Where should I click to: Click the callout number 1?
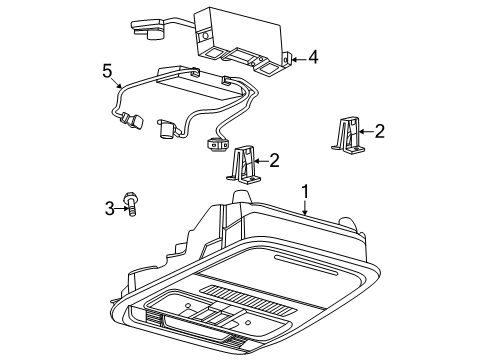click(305, 192)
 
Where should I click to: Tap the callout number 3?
click(110, 209)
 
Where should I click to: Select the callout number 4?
click(313, 57)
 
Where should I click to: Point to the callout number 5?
click(107, 71)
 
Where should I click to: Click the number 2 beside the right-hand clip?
click(380, 131)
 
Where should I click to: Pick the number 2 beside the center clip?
click(274, 161)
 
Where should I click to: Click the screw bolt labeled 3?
click(130, 204)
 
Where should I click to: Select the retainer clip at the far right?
click(347, 136)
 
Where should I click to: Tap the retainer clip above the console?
click(244, 164)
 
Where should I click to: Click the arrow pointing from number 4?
click(299, 60)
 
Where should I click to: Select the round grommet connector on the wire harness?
click(218, 144)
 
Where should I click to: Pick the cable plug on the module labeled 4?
click(147, 29)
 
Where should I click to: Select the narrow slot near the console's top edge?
click(306, 265)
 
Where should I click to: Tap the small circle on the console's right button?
click(248, 323)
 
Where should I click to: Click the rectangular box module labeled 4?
click(242, 42)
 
